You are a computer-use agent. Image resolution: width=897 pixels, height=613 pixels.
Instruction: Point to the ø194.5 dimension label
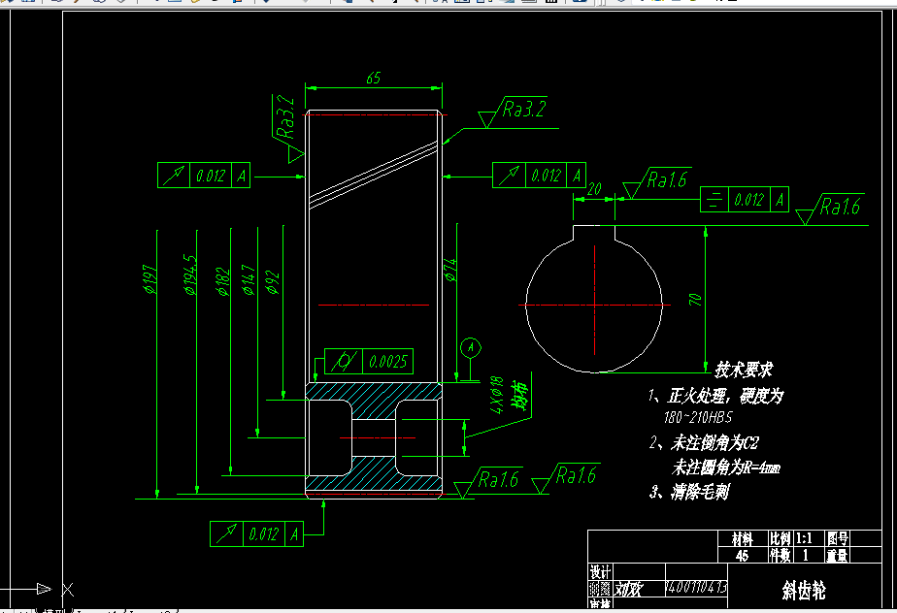(x=189, y=274)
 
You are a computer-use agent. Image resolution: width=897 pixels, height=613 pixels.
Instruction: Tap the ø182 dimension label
(x=222, y=280)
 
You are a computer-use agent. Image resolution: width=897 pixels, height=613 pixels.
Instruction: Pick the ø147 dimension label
(x=249, y=280)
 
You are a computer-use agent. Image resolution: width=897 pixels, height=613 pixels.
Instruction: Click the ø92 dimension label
(x=273, y=282)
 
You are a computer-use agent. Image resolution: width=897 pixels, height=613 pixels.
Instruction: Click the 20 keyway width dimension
(x=595, y=188)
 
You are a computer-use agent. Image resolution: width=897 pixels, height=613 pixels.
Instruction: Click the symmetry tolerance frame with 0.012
(x=745, y=200)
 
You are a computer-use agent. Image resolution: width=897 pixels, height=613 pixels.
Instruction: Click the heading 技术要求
(x=744, y=370)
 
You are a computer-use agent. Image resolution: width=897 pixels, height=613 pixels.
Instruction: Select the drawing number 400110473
(x=695, y=588)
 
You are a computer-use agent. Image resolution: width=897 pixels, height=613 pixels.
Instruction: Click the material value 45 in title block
(x=742, y=556)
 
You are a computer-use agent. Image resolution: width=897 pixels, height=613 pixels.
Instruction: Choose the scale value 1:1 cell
(x=803, y=537)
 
